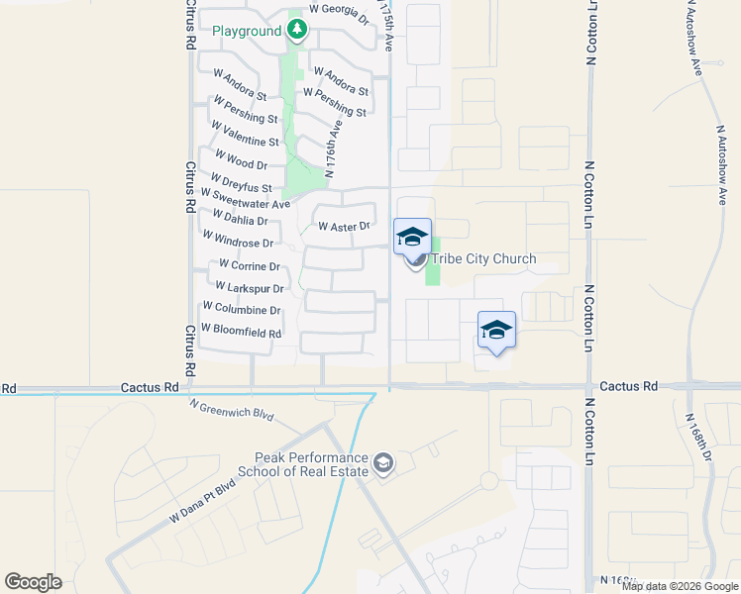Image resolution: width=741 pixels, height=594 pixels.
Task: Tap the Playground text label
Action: click(248, 32)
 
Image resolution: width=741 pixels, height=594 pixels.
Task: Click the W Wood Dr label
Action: click(234, 164)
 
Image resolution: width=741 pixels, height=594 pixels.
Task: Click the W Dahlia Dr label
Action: click(234, 221)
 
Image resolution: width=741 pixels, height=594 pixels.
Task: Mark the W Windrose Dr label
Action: click(238, 240)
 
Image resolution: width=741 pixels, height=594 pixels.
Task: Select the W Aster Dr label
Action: click(344, 227)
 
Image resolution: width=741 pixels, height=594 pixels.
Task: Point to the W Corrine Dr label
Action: click(250, 266)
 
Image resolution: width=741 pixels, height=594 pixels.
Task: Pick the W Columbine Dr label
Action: click(242, 310)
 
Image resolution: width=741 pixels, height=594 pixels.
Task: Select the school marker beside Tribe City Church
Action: click(412, 238)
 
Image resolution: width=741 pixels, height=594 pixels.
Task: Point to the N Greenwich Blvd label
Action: click(230, 409)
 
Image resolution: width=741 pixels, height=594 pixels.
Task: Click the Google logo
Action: click(34, 582)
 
